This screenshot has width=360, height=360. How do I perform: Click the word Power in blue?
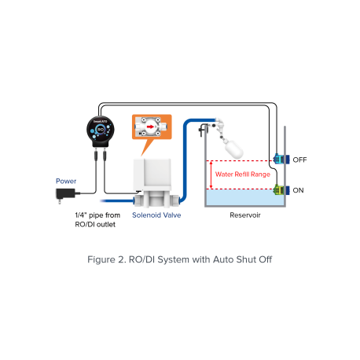click(x=66, y=181)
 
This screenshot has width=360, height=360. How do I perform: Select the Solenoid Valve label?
click(x=156, y=215)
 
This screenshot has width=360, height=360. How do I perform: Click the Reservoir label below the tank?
click(x=245, y=215)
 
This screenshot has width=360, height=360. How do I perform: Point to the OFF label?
click(x=299, y=160)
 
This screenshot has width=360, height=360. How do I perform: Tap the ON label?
click(x=298, y=190)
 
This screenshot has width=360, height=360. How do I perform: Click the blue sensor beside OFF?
click(x=281, y=159)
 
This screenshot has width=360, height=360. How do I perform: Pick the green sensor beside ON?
click(x=281, y=189)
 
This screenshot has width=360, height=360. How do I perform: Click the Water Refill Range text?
click(x=243, y=174)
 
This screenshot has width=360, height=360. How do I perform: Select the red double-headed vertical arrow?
click(x=211, y=174)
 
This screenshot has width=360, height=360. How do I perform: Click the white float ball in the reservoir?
click(x=234, y=149)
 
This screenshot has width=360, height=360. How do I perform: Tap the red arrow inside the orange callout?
click(x=150, y=127)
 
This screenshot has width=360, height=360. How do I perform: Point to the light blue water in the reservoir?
click(x=245, y=197)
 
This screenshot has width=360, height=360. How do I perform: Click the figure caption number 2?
click(x=122, y=259)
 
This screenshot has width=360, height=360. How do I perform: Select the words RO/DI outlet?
click(x=95, y=225)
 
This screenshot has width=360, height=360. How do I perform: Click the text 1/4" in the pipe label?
click(x=81, y=215)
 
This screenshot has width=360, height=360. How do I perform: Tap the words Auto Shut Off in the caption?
click(x=243, y=259)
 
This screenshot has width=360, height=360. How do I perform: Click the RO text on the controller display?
click(x=101, y=130)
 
